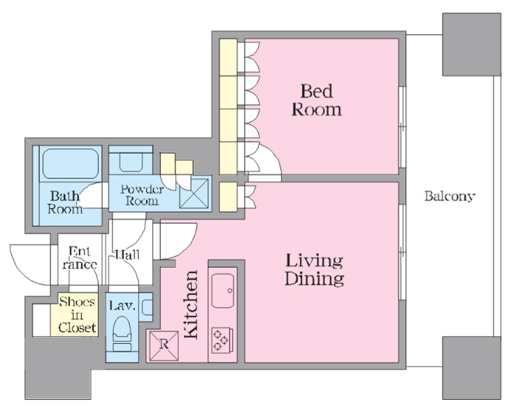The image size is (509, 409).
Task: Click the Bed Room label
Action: coord(317,100)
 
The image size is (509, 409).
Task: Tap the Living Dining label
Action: coord(314,270)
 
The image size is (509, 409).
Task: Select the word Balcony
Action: coord(450,196)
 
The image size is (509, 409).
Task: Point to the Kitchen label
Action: coord(191,305)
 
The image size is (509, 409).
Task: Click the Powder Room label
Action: coord(142,195)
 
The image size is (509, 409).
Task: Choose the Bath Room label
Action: coord(65,202)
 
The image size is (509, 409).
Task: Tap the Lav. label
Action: coord(122,306)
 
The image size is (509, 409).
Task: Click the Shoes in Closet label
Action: coord(77,315)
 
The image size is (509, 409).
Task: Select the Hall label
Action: coord(127,254)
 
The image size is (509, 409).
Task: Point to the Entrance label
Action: coord(80,258)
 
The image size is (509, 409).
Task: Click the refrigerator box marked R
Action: coord(164,345)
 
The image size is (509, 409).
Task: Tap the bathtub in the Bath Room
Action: coord(71,164)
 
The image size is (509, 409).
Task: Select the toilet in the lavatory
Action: coord(122,333)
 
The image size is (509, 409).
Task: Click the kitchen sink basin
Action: coord(223,291)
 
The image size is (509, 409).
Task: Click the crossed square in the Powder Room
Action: coord(194,193)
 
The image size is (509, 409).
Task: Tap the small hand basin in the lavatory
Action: coord(147,307)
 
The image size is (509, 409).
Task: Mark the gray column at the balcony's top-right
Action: coord(472,45)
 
